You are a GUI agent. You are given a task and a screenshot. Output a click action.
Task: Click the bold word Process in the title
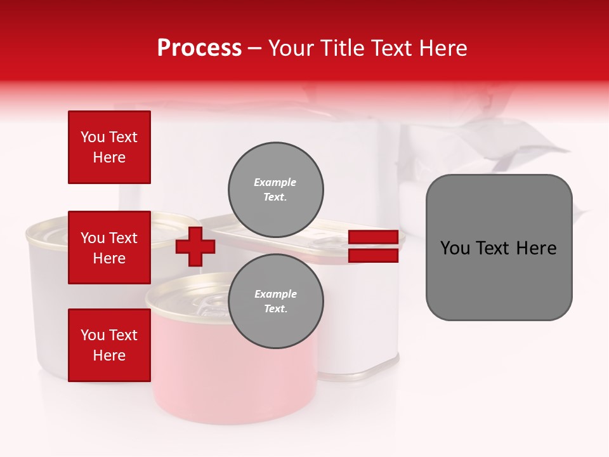pyautogui.click(x=199, y=48)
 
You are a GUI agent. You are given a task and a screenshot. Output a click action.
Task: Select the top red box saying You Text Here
pyautogui.click(x=109, y=147)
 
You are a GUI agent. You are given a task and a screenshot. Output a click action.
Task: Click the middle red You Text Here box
pyautogui.click(x=109, y=248)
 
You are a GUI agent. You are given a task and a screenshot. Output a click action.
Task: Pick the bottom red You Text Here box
pyautogui.click(x=109, y=345)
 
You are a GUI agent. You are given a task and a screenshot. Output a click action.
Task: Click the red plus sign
pyautogui.click(x=195, y=246)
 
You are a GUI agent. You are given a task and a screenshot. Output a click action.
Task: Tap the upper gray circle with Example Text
pyautogui.click(x=276, y=189)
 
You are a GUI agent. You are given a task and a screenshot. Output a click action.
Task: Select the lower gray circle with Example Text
pyautogui.click(x=276, y=301)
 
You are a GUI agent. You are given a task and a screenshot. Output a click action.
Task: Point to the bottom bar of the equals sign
pyautogui.click(x=373, y=256)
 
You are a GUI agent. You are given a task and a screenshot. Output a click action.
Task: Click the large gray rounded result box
pyautogui.click(x=499, y=279)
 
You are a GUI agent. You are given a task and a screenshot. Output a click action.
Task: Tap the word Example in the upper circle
pyautogui.click(x=275, y=182)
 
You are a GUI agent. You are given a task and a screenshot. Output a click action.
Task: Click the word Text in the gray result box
pyautogui.click(x=498, y=248)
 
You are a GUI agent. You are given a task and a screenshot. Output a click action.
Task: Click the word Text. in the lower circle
pyautogui.click(x=275, y=308)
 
